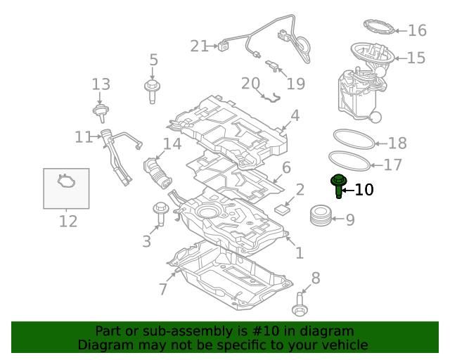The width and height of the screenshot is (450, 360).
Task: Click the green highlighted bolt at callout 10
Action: pyautogui.click(x=338, y=185)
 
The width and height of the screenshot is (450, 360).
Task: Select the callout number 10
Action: pyautogui.click(x=364, y=190)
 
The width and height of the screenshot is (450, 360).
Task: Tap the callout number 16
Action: pyautogui.click(x=417, y=30)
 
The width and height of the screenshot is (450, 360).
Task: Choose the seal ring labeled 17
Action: pyautogui.click(x=348, y=161)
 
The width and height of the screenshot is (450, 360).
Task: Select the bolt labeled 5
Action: pyautogui.click(x=152, y=91)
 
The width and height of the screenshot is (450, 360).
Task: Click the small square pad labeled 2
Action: pyautogui.click(x=285, y=208)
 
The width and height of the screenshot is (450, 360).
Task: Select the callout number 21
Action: pyautogui.click(x=199, y=46)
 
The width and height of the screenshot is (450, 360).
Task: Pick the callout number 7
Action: pyautogui.click(x=163, y=289)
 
